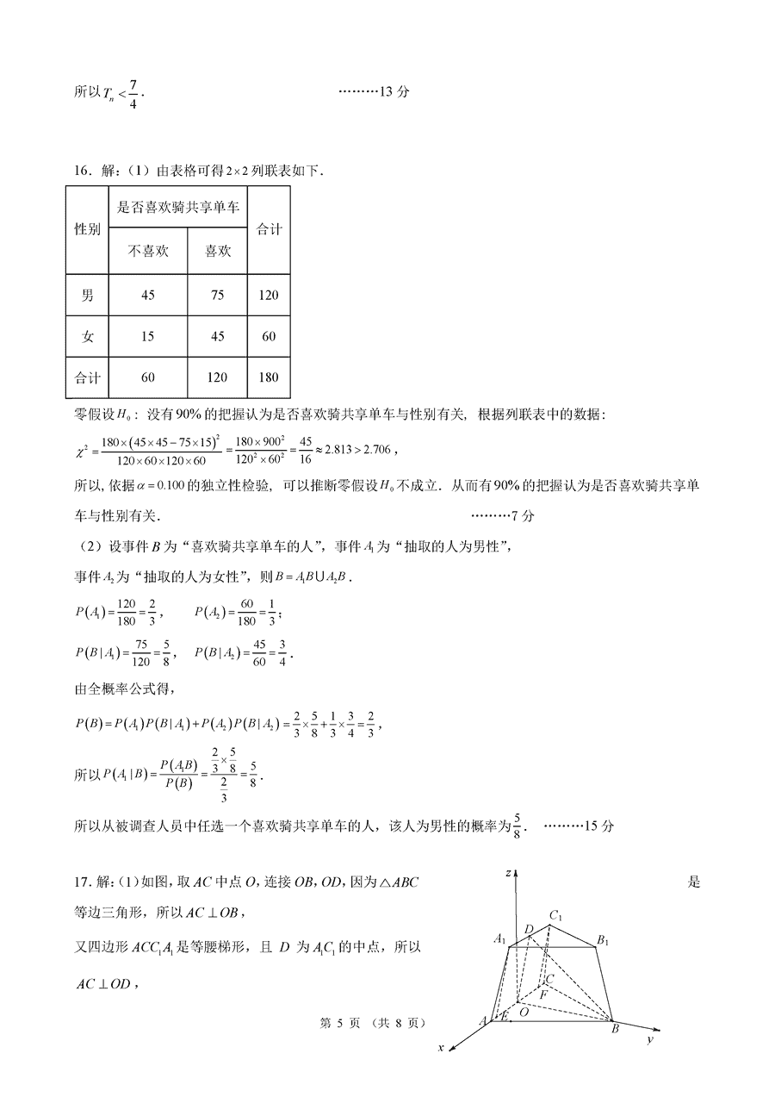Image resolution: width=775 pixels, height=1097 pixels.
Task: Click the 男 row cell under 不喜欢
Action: [x=147, y=296]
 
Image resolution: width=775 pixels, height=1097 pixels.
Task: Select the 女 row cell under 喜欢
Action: [x=217, y=336]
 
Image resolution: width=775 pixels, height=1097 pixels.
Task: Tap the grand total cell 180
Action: [x=269, y=377]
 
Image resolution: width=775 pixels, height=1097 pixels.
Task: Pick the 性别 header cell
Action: [x=87, y=229]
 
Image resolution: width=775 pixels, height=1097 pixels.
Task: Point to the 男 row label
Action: [x=87, y=296]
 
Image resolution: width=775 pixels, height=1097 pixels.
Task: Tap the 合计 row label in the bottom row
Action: [x=87, y=377]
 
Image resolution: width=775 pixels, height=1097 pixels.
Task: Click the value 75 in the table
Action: [x=217, y=296]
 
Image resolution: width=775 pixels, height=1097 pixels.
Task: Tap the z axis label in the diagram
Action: [x=510, y=874]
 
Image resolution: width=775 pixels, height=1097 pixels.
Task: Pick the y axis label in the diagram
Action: [x=648, y=1041]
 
